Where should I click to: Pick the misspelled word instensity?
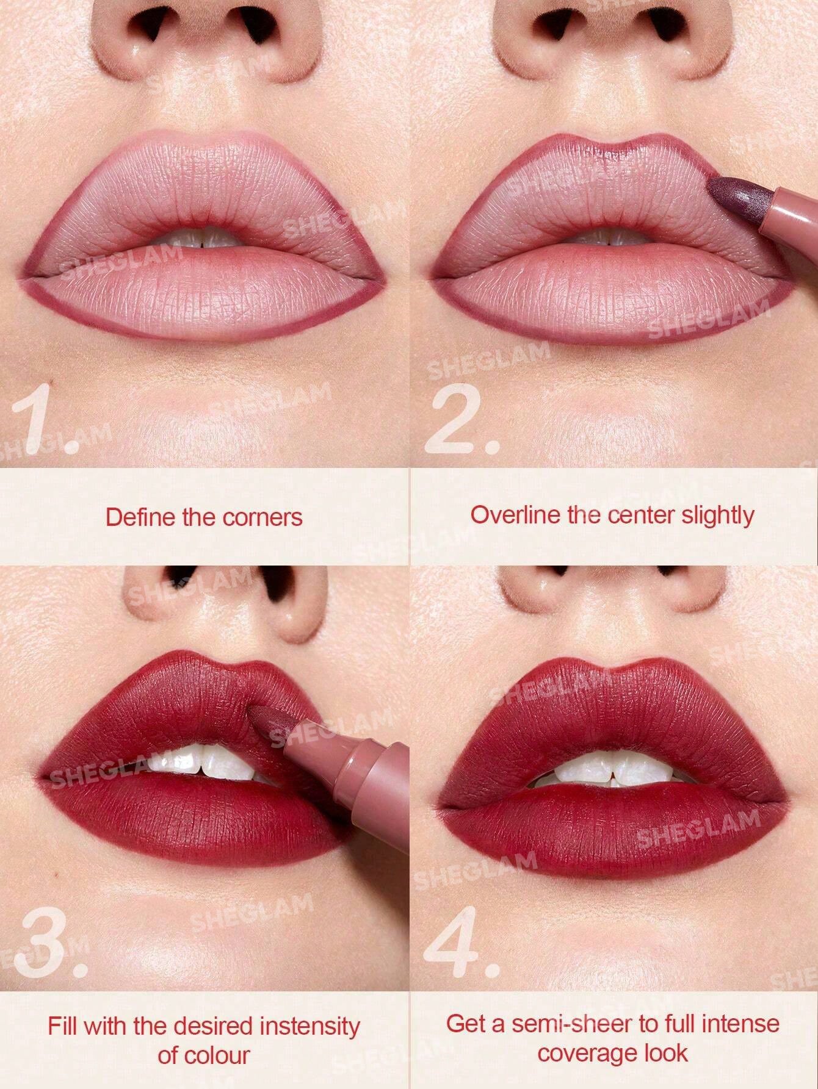[309, 1027]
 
